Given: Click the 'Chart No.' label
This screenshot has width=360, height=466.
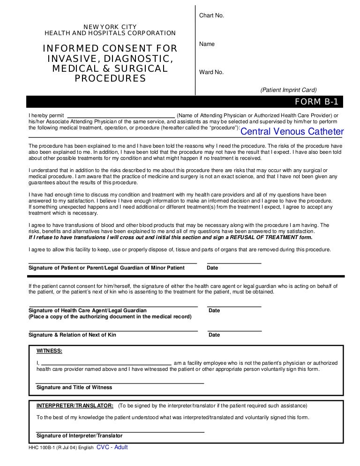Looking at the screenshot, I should [x=212, y=15].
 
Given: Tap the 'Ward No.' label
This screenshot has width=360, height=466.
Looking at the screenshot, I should [x=211, y=72].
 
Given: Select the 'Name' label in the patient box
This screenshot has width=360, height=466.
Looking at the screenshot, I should [x=207, y=44].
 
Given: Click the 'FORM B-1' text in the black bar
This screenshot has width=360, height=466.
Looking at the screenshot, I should [x=316, y=102].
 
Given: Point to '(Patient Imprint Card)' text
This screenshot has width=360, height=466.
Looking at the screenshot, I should [x=289, y=90].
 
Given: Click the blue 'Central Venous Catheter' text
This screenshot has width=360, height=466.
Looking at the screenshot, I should [x=292, y=132].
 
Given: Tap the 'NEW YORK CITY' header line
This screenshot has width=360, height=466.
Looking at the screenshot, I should [x=110, y=27].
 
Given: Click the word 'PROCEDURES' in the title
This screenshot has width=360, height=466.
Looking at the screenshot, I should [x=110, y=79].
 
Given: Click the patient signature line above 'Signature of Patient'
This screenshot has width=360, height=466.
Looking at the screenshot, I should [x=112, y=263].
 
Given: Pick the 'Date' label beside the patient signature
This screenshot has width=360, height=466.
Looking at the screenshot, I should [x=212, y=268].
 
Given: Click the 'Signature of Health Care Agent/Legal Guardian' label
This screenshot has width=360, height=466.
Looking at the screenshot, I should [x=88, y=310].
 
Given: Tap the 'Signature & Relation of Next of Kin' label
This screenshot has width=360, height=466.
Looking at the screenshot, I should [x=72, y=335].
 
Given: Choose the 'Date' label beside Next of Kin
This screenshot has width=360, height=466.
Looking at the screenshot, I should [x=214, y=335].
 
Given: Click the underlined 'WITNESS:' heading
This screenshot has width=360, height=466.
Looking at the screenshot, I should [x=49, y=351].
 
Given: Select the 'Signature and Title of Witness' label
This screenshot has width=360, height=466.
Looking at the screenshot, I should [x=74, y=388].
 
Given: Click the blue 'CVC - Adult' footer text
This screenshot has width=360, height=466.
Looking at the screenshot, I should [x=112, y=447].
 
